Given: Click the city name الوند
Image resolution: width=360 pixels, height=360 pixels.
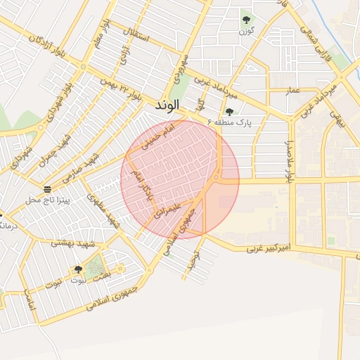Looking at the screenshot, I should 167,104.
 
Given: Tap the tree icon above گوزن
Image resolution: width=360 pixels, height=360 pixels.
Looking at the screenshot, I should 246,20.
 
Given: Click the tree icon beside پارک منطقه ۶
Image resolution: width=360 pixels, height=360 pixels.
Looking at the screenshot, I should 229,112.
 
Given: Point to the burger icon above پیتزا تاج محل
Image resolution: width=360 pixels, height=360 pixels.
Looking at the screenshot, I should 47,189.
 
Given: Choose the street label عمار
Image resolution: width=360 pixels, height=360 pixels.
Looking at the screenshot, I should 292,91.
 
